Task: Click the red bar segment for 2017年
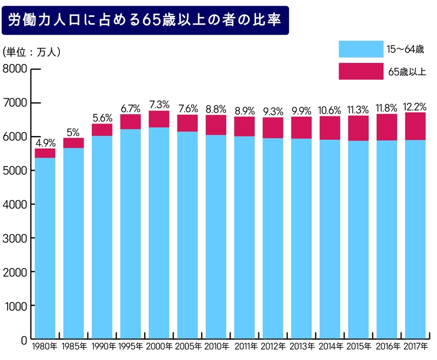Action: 415,126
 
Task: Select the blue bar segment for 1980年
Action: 45,249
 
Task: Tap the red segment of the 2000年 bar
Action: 159,119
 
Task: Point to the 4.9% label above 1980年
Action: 45,144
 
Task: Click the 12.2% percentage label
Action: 415,107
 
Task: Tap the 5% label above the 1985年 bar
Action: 73,133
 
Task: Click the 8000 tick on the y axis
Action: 15,69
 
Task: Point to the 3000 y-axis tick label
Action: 15,238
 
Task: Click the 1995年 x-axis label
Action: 131,347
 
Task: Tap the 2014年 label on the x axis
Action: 329,347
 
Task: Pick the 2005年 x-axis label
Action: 187,347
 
